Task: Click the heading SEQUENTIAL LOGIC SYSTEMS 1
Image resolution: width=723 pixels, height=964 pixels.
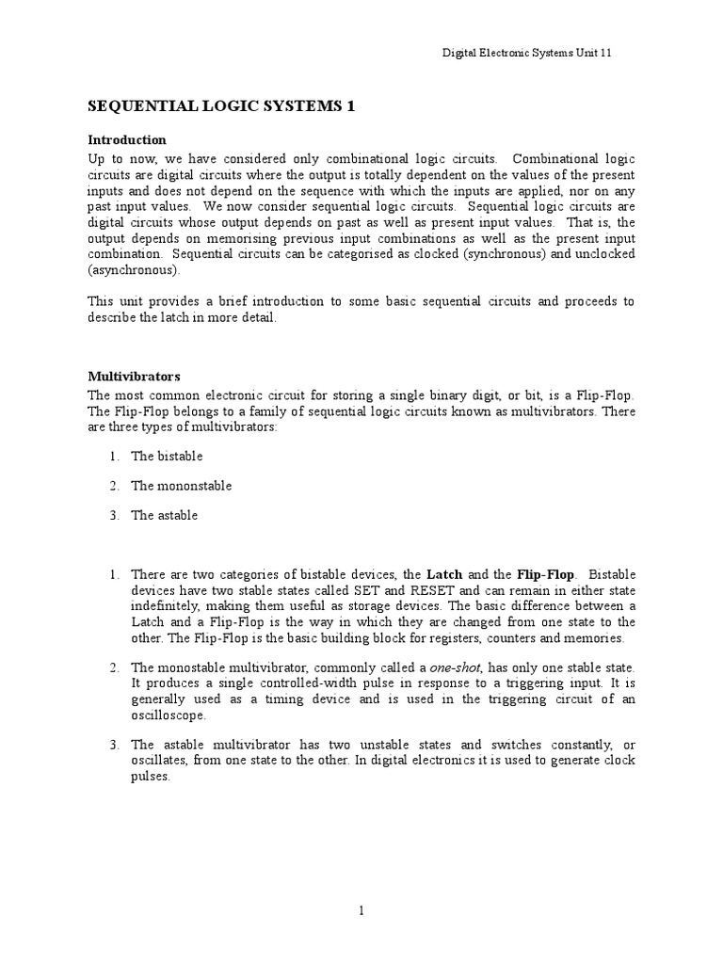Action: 221,107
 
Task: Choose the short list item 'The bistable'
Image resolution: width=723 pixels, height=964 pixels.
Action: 167,457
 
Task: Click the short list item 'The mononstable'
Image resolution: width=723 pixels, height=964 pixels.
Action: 181,486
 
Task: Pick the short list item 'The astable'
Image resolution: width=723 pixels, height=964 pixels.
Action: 165,515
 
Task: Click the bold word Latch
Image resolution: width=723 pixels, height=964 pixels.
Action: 444,574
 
